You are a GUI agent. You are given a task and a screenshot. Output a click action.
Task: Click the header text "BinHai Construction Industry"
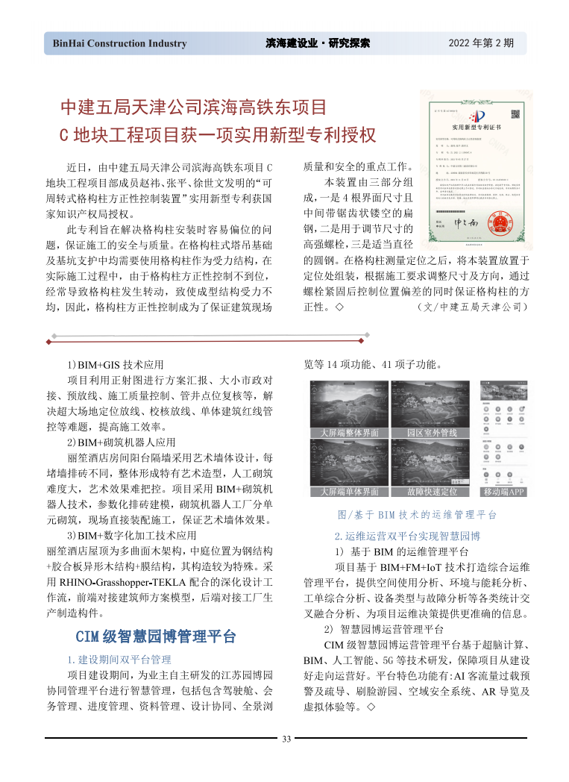point(119,43)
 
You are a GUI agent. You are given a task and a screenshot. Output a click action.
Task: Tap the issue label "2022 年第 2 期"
point(481,43)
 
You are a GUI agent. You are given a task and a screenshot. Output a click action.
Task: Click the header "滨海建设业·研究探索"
point(318,43)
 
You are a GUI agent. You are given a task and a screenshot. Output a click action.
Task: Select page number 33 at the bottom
point(286,739)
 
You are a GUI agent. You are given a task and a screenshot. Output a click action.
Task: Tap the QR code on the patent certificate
point(514,113)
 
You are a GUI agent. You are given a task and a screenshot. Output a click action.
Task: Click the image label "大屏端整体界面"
point(349,433)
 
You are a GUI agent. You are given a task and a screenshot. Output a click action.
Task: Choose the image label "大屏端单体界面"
point(349,492)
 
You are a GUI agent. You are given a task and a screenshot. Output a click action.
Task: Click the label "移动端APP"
point(504,492)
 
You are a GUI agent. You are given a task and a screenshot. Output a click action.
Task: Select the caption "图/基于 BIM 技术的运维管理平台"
point(418,515)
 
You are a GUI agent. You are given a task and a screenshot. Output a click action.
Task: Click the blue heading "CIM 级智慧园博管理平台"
point(156,636)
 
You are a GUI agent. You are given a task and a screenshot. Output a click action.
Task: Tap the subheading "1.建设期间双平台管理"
point(119,660)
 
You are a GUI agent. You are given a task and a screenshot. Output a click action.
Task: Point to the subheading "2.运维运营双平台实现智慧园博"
point(406,536)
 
